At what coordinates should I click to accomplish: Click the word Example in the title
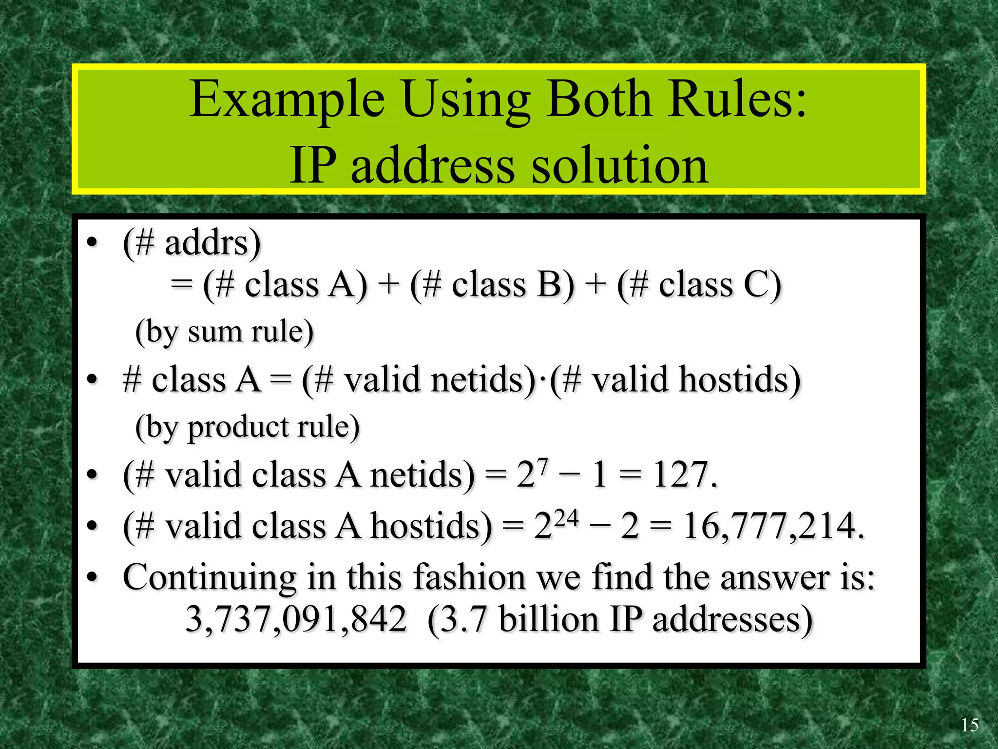click(x=287, y=99)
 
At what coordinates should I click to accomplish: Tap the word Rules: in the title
click(x=737, y=99)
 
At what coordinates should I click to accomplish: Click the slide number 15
click(x=969, y=725)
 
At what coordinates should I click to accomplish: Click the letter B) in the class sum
click(x=556, y=285)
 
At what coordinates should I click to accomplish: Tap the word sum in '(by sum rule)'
click(x=214, y=333)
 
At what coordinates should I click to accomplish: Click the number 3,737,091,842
click(x=296, y=619)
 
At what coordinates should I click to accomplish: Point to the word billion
click(x=549, y=619)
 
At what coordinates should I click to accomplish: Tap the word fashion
click(x=469, y=578)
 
